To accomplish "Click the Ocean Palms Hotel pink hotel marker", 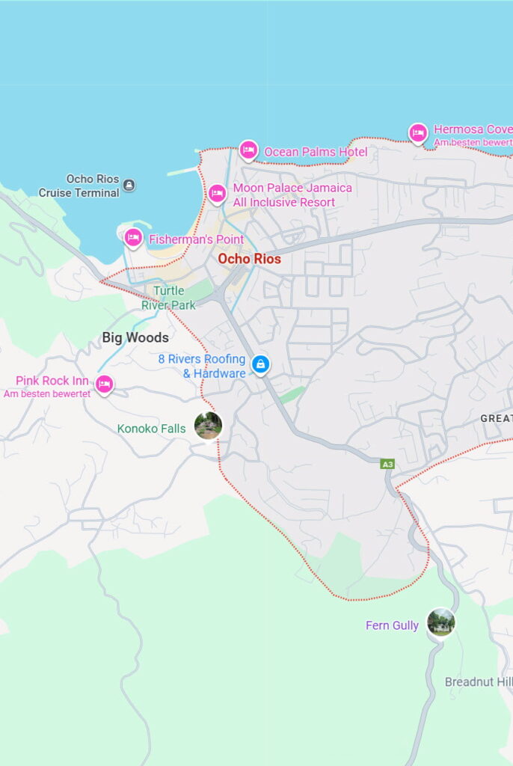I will pos(248,150).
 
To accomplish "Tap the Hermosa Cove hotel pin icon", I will pos(418,133).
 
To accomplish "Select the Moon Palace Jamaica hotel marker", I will pos(217,193).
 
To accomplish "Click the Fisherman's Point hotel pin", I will pos(133,238).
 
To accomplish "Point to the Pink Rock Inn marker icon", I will pos(104,384).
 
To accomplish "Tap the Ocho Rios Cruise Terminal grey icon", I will pos(129,185).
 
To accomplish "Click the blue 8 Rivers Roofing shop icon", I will pos(260,364).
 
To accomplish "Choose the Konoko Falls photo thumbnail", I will pos(208,426).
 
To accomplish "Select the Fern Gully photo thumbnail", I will pos(440,622).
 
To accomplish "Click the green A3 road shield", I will pos(387,465).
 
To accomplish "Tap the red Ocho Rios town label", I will pos(249,259).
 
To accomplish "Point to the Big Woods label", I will pos(135,337).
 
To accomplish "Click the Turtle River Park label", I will pos(169,298).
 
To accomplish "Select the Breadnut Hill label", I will pos(478,682).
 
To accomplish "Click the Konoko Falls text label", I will pos(151,429).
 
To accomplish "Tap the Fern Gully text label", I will pos(392,625).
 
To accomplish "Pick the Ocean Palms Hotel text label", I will pos(316,152).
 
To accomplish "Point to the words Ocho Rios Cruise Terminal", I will pos(80,186).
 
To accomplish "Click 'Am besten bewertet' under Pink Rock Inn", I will pos(47,393).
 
